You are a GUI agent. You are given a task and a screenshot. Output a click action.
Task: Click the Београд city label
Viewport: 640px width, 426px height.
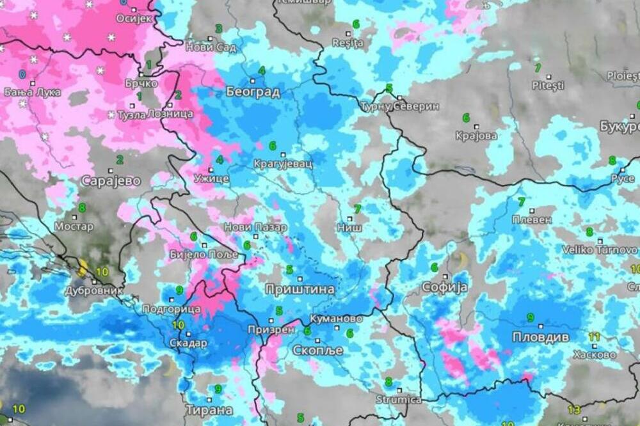coord(253,92)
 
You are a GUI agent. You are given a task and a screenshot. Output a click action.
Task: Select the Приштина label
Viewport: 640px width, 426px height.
coord(300,289)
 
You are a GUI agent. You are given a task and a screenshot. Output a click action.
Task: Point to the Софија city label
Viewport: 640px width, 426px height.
coord(444,287)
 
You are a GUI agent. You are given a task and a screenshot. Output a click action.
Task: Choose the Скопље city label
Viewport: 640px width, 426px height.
coord(317,351)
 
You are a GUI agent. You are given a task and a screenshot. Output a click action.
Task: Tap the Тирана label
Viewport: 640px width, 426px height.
coord(209,410)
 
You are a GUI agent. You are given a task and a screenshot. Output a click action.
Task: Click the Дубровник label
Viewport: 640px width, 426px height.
coord(94,290)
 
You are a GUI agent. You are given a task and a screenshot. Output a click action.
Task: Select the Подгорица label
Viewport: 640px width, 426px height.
coord(171,310)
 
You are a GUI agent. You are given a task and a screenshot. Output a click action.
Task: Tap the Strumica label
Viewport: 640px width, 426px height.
coord(398,400)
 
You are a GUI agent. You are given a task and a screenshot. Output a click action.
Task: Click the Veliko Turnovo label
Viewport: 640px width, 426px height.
coord(600,250)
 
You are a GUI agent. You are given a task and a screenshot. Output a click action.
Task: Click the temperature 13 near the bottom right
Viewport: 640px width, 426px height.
coord(574,410)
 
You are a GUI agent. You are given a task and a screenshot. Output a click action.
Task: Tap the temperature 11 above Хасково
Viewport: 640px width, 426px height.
coord(595,336)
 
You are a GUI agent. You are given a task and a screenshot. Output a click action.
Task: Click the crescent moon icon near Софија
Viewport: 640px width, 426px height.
coord(461,260)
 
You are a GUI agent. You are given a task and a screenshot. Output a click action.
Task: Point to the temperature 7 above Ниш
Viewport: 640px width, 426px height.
coord(357,209)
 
